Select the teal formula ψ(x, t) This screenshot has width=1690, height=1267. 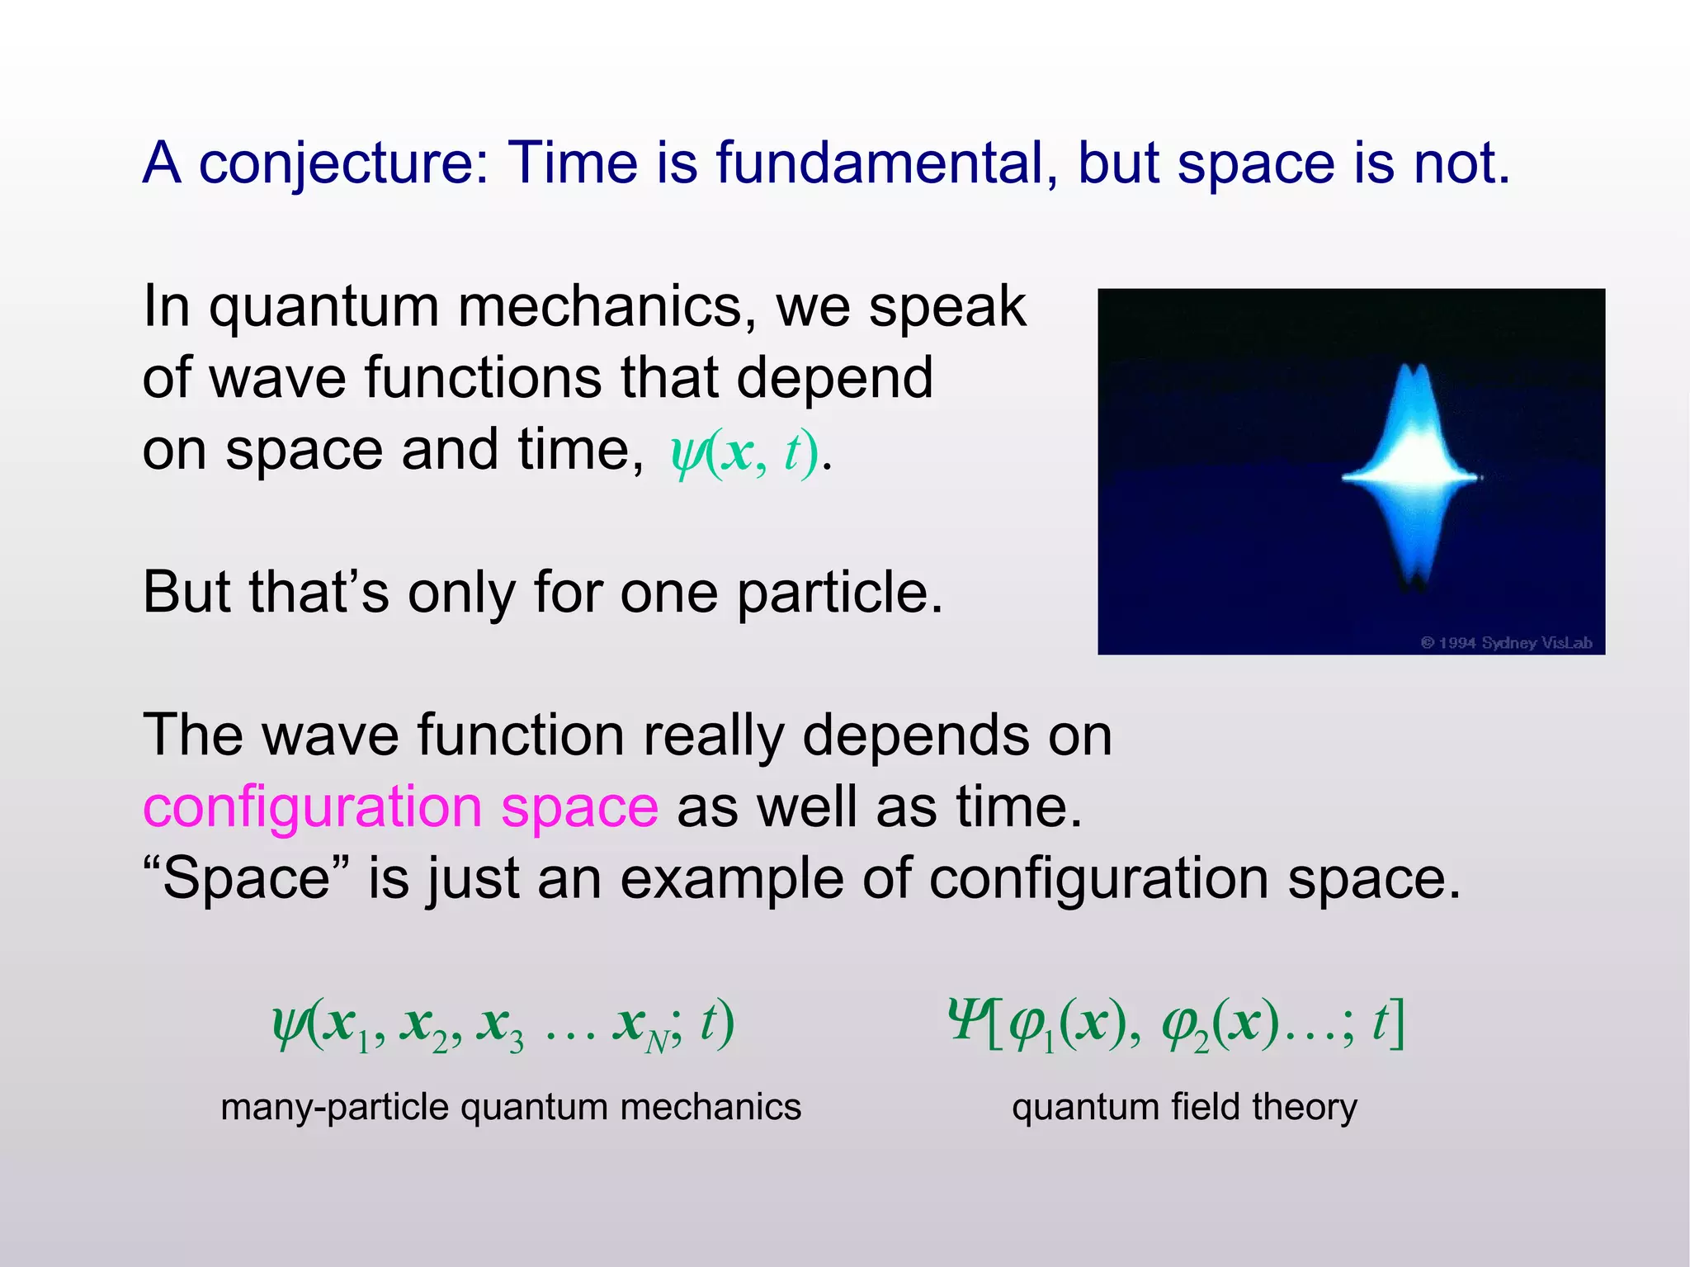pos(744,452)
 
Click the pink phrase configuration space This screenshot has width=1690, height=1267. pos(400,806)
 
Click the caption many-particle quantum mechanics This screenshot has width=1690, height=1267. pos(511,1107)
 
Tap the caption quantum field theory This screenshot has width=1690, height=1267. pos(1184,1107)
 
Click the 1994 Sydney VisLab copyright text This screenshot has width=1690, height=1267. pos(1506,642)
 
